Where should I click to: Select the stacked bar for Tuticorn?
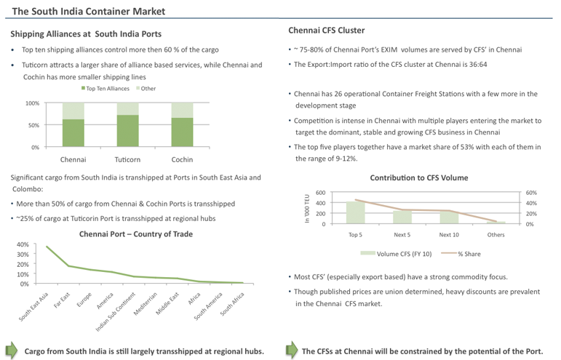pos(127,125)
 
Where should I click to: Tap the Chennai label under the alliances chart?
pos(73,159)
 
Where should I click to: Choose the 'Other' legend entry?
pos(145,89)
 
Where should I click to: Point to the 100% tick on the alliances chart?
pos(32,103)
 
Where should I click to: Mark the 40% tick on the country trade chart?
pos(22,244)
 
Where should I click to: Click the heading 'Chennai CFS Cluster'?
pos(326,31)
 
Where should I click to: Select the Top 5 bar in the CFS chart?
pos(355,212)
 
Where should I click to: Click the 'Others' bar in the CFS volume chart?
pos(496,223)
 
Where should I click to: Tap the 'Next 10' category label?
pos(449,235)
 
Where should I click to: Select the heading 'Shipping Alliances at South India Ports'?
pos(86,34)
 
